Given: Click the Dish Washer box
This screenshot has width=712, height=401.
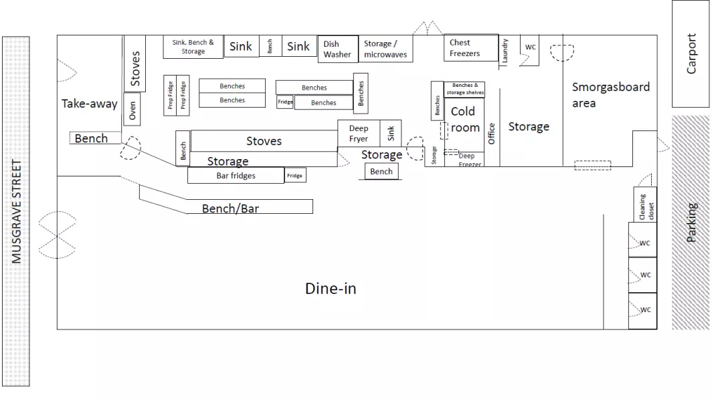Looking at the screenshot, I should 337,49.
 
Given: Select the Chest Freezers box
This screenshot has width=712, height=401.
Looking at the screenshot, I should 471,48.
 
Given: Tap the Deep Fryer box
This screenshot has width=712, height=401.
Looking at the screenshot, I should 359,134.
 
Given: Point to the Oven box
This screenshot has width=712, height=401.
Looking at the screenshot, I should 132,111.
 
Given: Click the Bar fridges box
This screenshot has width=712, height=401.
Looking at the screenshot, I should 236,176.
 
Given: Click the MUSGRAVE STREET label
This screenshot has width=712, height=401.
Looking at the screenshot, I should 17,211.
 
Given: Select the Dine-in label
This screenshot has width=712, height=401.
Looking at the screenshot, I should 331,289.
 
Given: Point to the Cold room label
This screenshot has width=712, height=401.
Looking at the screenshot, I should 464,119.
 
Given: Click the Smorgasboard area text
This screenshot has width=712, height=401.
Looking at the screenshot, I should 610,95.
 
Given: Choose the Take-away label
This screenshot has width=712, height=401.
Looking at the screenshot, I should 89,104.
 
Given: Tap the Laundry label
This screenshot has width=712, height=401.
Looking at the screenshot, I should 505,51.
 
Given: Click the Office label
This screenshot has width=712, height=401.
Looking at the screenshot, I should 491,134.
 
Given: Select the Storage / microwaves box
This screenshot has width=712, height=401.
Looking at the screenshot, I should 385,49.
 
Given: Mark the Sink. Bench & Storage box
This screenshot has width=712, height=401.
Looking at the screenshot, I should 193,47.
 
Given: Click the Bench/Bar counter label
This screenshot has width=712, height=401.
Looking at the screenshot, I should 230,209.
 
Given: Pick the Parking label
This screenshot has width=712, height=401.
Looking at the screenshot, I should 692,223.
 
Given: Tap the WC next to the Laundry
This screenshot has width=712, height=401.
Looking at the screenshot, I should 530,47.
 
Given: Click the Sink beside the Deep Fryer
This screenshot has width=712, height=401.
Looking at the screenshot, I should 391,133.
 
